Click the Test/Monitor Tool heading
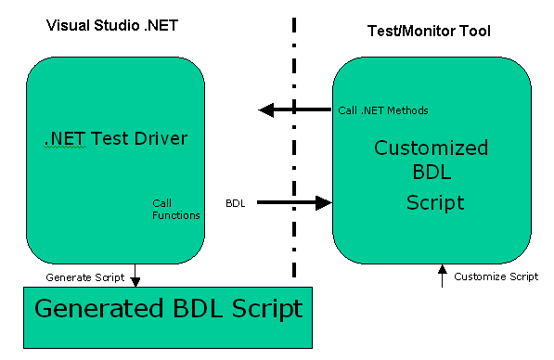[x=423, y=32]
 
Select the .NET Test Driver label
[x=116, y=139]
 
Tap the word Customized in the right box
[x=431, y=148]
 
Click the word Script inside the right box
[x=434, y=201]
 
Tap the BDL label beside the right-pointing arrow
[x=236, y=202]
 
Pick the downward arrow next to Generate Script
[x=135, y=276]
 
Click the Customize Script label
[x=496, y=276]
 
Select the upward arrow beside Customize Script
[x=441, y=276]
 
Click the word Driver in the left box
[x=157, y=139]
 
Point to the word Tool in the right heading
[x=474, y=32]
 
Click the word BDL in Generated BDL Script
[x=205, y=309]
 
